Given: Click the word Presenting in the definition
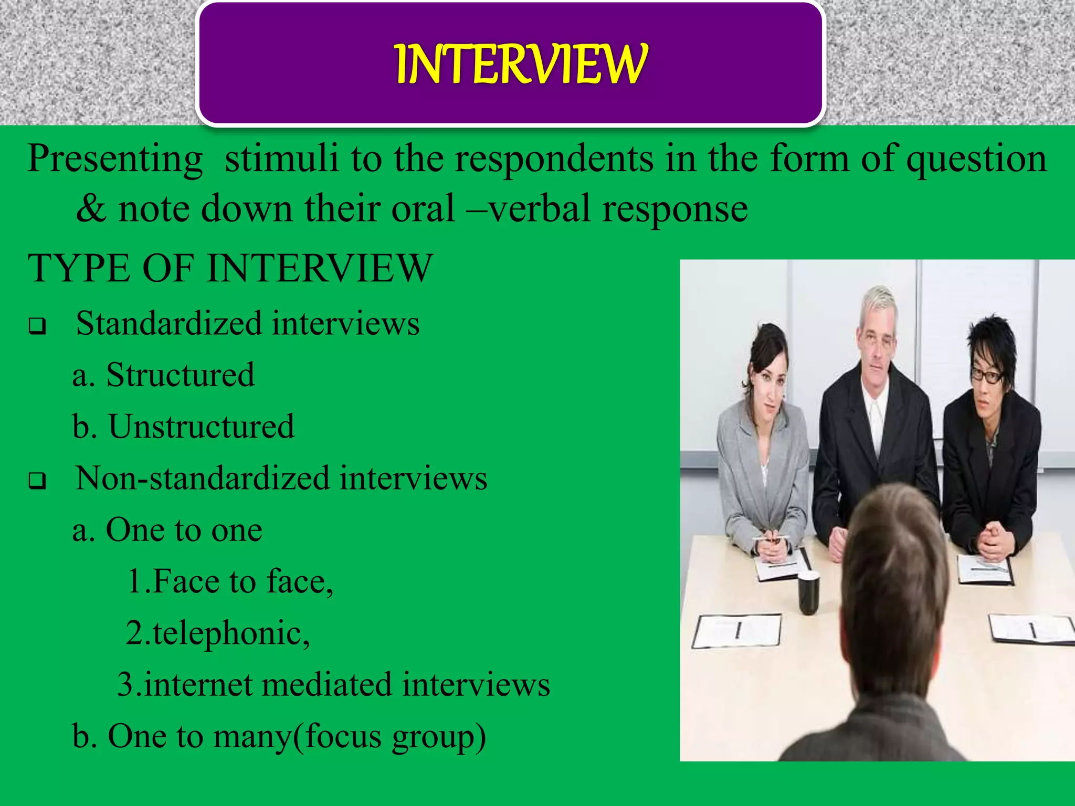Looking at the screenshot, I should point(115,159).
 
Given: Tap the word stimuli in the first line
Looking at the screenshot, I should point(281,158).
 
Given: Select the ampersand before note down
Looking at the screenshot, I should point(91,209).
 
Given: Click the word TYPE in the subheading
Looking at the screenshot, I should point(79,269).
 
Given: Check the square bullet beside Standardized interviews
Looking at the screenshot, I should point(37,326).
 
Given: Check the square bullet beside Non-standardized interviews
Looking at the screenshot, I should point(37,481).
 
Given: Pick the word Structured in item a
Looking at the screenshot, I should point(180,375).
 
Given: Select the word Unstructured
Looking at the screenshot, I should point(201,427).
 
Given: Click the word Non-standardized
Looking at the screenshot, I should point(203,478).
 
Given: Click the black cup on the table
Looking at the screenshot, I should point(808,593).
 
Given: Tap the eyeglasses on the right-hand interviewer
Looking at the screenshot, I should point(987,375).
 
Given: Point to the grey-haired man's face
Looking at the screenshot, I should point(875,346).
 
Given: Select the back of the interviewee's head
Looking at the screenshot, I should point(892,567).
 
